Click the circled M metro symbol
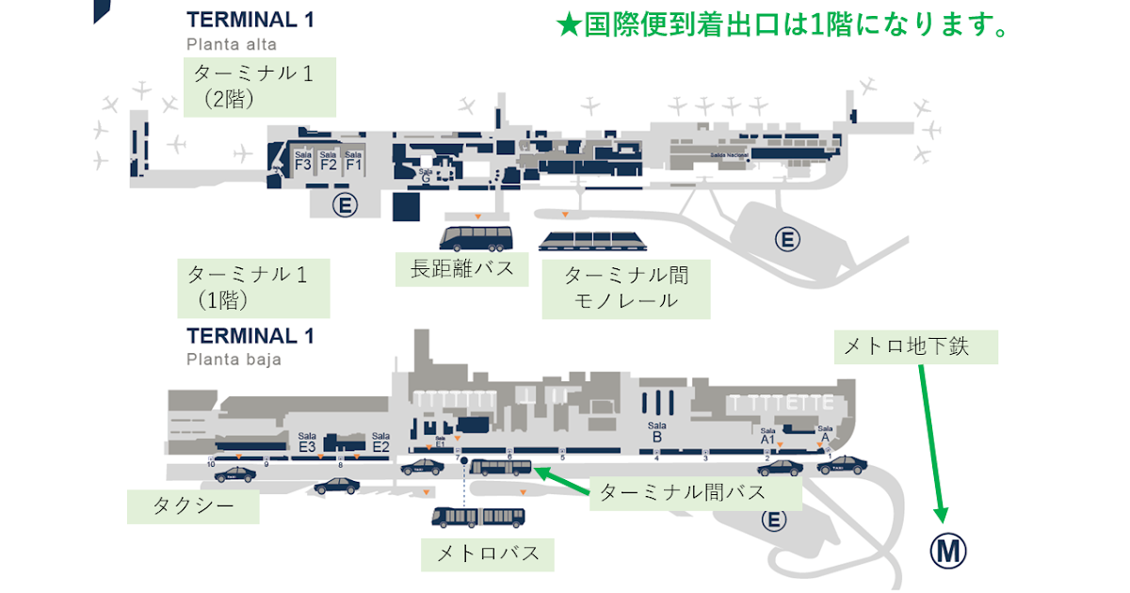pos(948,551)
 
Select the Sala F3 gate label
pos(303,161)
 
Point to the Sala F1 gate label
pos(354,161)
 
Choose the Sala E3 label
pos(306,443)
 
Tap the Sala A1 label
pos(767,434)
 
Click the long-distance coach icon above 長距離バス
pos(476,237)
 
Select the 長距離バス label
pos(462,269)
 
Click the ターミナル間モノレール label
pos(626,288)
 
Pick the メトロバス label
pos(488,553)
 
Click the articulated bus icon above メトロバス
pos(478,517)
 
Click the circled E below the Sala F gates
pos(346,204)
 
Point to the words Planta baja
pos(234,359)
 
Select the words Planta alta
pos(231,43)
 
